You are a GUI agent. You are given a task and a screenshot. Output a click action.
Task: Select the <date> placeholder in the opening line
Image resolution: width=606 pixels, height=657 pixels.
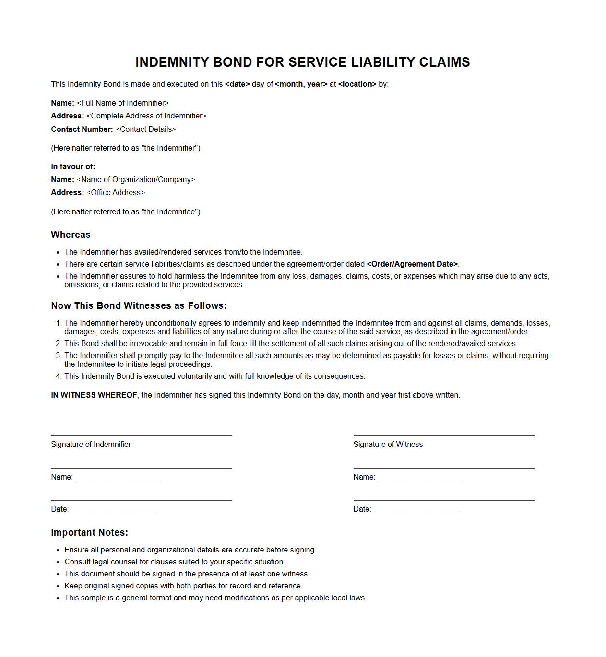tap(237, 84)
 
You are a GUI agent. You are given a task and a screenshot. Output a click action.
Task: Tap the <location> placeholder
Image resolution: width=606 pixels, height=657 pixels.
tap(357, 84)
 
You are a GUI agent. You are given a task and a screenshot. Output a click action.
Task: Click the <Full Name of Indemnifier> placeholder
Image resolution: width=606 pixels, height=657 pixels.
tap(123, 103)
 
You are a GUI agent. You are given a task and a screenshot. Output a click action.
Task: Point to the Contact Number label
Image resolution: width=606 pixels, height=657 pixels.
tap(82, 129)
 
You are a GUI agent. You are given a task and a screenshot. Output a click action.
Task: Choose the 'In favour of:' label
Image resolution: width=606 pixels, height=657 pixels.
tap(73, 167)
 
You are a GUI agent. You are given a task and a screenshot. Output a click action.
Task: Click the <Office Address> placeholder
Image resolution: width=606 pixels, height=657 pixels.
tap(116, 193)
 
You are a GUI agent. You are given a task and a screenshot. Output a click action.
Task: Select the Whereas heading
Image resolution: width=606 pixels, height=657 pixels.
tap(71, 235)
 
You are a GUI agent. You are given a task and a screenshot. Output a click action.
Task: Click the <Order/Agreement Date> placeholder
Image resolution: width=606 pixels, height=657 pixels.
tap(412, 264)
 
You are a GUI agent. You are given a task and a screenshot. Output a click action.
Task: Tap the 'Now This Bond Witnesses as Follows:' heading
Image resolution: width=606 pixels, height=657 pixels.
tap(139, 306)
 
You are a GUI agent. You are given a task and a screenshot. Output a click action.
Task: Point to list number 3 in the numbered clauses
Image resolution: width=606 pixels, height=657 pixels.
tap(59, 356)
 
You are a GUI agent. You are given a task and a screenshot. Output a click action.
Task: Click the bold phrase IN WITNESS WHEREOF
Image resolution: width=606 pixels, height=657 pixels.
tap(94, 395)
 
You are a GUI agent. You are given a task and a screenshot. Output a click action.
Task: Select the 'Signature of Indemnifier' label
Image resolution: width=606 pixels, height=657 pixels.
tap(91, 445)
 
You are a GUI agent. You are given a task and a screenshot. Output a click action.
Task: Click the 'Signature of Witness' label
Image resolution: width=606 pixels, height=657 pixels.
tap(388, 445)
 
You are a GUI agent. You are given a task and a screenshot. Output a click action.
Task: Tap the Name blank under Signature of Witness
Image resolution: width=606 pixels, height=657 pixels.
tap(419, 478)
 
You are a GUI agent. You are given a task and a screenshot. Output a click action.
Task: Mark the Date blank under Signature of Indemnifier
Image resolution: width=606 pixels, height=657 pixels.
tap(113, 510)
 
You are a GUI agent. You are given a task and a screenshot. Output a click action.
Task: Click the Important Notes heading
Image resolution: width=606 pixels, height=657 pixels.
tap(89, 533)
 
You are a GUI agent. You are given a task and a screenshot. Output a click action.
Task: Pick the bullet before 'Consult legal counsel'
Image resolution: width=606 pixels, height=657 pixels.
tap(58, 563)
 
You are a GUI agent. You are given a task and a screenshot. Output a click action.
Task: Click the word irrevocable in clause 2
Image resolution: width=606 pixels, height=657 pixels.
tap(148, 344)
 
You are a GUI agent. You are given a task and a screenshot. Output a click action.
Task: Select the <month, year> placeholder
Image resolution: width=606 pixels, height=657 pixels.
tap(301, 84)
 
